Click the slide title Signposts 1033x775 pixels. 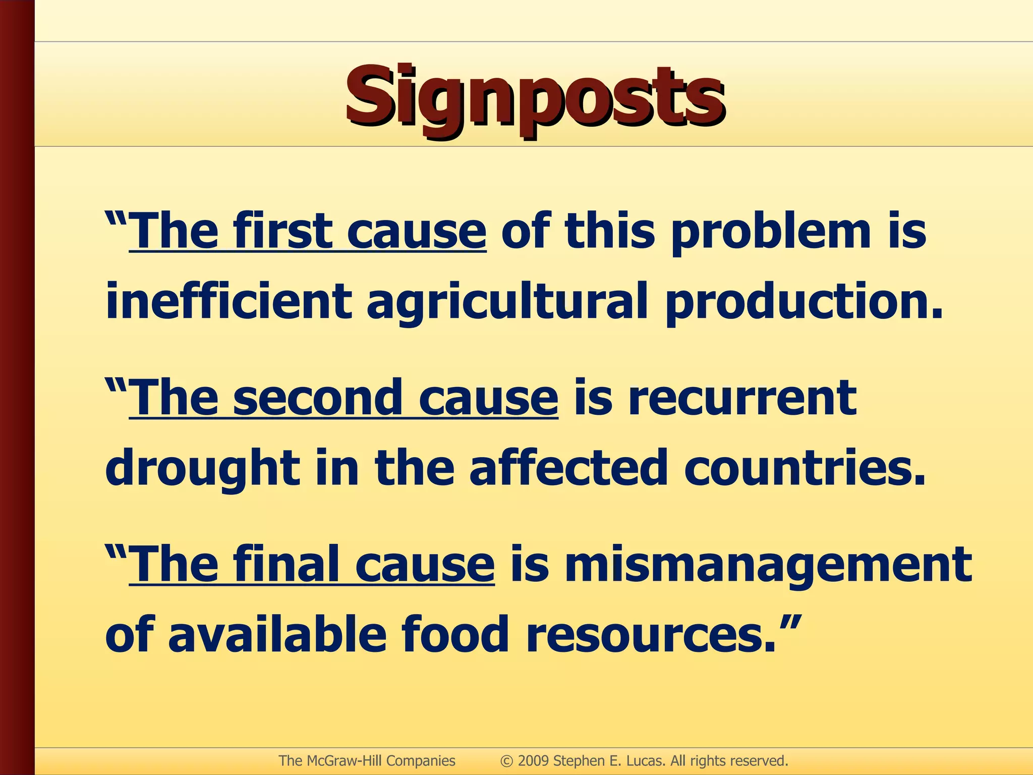(535, 96)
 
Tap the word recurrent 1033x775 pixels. (742, 398)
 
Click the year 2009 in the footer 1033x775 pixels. (533, 761)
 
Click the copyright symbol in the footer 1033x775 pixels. (506, 761)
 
